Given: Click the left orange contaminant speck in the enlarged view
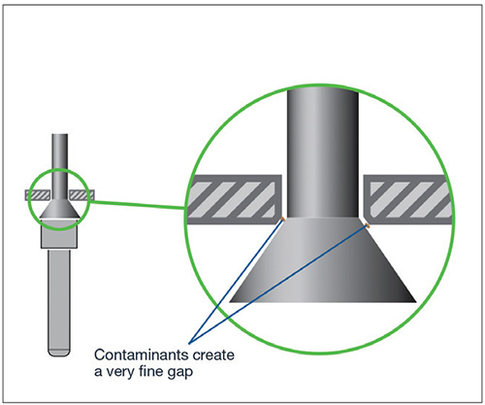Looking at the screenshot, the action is (x=282, y=219).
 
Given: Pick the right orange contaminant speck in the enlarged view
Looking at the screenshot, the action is (x=367, y=224).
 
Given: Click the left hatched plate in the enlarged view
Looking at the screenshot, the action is (x=234, y=199).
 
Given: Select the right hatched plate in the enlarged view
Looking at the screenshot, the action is (x=408, y=199).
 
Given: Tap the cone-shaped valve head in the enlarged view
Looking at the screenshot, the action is (x=322, y=260).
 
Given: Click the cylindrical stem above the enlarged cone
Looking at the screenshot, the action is (x=323, y=152).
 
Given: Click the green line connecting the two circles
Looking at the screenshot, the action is (x=137, y=205).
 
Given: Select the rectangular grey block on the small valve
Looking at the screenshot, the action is (x=59, y=233).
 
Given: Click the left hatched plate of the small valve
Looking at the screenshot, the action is (x=38, y=195).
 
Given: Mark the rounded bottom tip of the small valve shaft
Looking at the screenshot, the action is (x=59, y=353).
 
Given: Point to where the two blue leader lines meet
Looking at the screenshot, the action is (x=190, y=342).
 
